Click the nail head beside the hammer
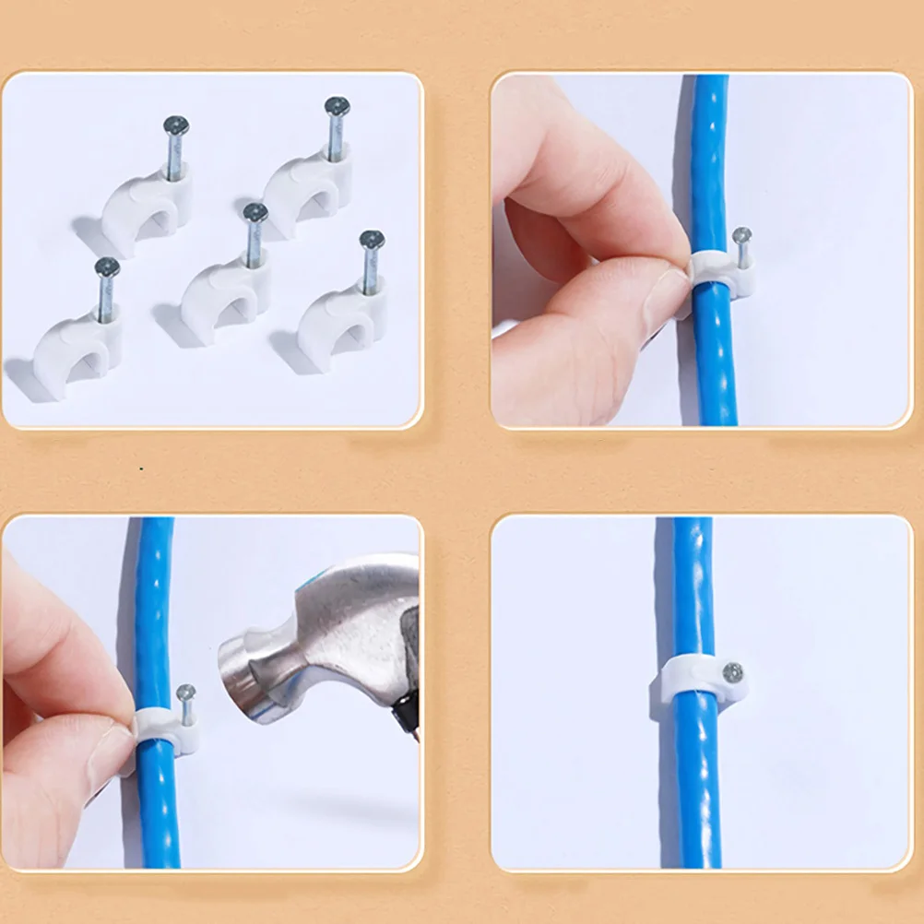click(185, 691)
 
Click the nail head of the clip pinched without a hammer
click(741, 234)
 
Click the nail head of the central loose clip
click(255, 213)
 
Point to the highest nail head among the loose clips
click(337, 105)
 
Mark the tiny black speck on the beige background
click(141, 469)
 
